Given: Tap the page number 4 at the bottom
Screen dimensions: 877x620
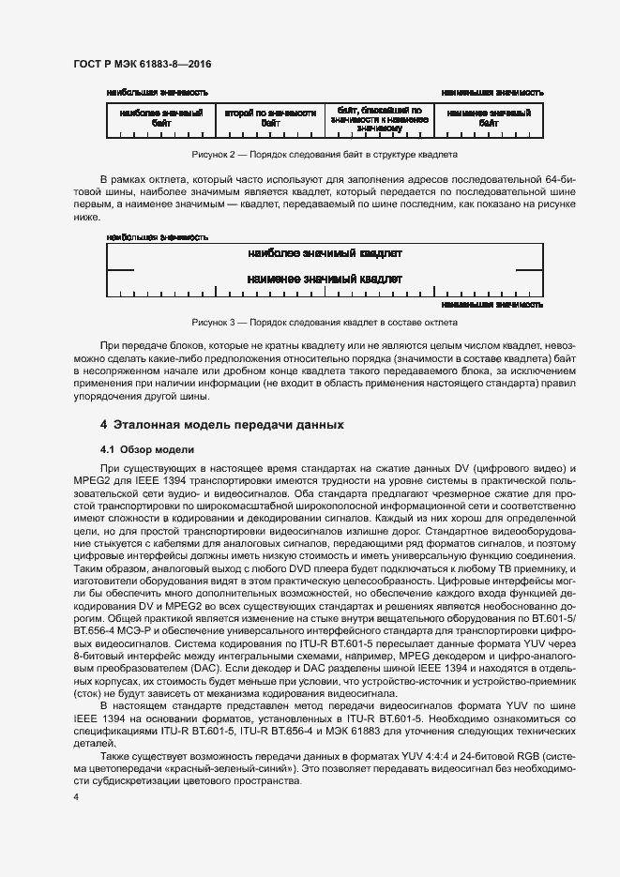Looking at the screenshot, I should tap(76, 796).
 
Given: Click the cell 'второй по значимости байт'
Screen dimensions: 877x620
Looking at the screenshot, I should tap(270, 118).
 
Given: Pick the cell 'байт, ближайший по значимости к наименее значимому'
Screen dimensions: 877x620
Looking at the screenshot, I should tap(379, 117).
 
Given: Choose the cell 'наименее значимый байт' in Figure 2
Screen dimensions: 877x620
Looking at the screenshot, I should tap(489, 118).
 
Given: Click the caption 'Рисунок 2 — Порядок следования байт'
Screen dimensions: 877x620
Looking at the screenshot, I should tap(325, 154).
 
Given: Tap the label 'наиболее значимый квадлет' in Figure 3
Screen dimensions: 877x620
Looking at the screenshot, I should tap(325, 253).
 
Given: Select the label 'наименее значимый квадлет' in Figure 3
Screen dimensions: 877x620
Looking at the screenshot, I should tap(325, 279).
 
